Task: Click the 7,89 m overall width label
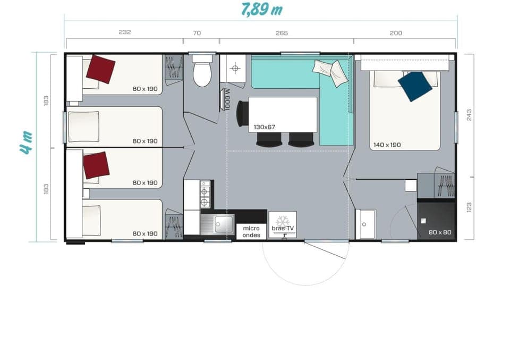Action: coord(261,9)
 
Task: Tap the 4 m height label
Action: coord(26,142)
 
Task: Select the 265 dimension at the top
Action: coord(282,33)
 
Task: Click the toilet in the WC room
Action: coord(202,71)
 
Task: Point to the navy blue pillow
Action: coord(415,87)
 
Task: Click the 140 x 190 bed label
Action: coord(387,145)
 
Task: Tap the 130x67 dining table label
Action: coord(264,127)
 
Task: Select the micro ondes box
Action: coord(251,231)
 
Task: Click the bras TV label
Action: coord(283,228)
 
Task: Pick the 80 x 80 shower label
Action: coord(440,232)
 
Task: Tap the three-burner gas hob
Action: coord(205,194)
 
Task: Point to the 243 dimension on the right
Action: coord(469,115)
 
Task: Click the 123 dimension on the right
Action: coord(469,207)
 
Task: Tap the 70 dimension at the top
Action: coord(197,33)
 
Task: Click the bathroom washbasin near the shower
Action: coord(365,224)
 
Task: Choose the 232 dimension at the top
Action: coord(124,32)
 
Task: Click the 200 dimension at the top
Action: coord(396,33)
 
